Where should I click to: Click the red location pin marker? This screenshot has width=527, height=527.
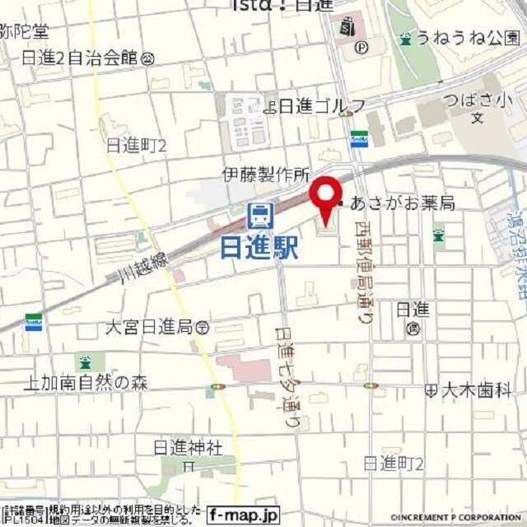pos(325,198)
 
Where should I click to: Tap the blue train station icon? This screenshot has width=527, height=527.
pos(260,216)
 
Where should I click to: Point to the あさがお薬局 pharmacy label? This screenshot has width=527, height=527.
pos(403,203)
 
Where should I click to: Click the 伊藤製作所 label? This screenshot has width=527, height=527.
pos(265,175)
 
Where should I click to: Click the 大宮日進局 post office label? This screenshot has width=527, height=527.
pos(149,327)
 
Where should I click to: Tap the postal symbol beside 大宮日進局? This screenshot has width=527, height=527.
pos(203,328)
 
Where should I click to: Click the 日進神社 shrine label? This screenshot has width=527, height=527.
pos(189,447)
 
